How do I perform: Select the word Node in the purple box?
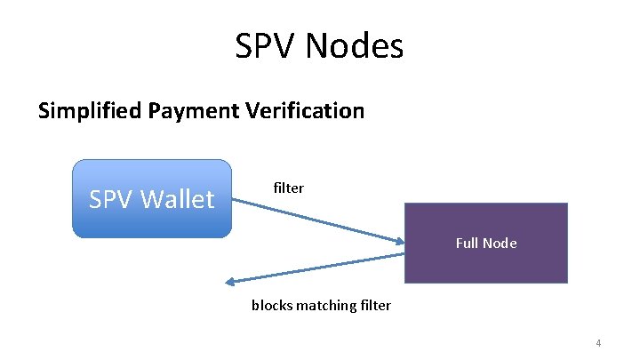pos(501,243)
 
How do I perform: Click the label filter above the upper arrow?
pos(289,188)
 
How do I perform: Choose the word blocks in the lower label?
pos(272,305)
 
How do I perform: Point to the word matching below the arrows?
pos(327,305)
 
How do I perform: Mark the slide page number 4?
pos(598,343)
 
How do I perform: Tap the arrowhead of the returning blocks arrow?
pos(231,282)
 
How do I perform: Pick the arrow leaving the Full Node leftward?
pos(320,268)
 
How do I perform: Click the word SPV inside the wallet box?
pos(110,199)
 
